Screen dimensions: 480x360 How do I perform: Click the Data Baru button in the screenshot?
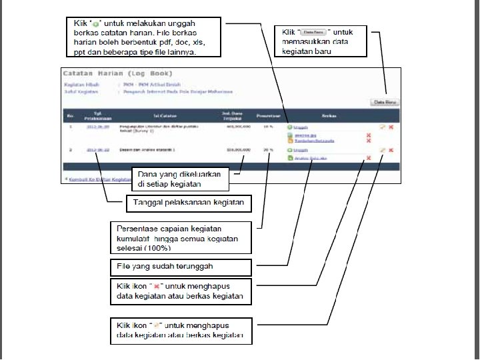point(384,102)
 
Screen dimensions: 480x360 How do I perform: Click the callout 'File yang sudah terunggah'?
point(180,266)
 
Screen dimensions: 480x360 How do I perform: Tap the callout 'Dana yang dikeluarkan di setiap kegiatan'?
point(181,179)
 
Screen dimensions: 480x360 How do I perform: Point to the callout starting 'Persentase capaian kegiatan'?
point(180,237)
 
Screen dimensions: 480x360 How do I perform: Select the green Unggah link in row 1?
point(301,126)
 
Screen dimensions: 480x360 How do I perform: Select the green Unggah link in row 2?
point(301,151)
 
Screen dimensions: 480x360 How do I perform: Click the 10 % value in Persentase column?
point(268,125)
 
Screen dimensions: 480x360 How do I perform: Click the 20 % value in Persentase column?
point(268,150)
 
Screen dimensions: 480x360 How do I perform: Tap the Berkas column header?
point(329,115)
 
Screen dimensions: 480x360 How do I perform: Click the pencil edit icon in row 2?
point(382,150)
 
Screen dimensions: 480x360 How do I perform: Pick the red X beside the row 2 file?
point(369,158)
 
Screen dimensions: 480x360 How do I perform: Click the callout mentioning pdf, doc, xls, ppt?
point(144,37)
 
